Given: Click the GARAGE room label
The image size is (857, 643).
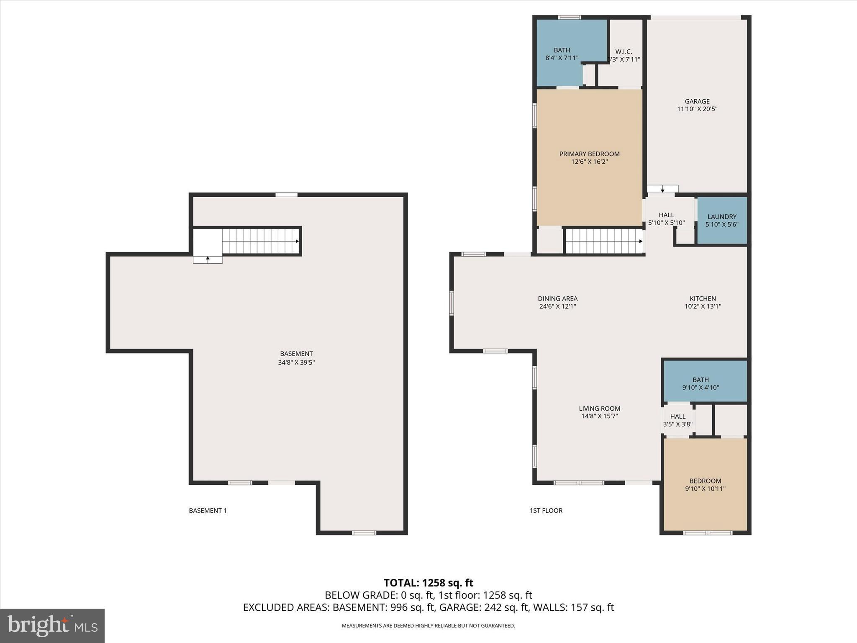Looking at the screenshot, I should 697,101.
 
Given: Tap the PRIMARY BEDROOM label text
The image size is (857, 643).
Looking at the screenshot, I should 589,154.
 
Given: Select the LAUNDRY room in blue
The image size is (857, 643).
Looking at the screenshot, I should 722,221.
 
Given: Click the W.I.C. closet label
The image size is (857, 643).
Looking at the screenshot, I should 624,52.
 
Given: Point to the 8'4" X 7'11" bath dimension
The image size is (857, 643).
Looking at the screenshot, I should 562,58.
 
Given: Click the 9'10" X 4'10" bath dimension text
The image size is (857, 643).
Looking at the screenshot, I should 700,388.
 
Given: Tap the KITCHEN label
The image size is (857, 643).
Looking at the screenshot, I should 703,298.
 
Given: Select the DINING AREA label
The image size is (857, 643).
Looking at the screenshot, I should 557,298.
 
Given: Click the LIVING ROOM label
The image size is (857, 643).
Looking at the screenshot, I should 599,409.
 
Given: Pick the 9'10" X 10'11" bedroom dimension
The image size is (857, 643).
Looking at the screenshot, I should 705,489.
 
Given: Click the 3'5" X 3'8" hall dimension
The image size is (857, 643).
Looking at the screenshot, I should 677,424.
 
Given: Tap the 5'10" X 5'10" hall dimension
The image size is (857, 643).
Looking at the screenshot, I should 666,223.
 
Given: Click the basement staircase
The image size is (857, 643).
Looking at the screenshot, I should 259,241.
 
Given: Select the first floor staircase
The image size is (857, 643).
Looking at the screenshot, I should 603,241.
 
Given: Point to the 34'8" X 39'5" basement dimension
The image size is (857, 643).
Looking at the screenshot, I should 296,363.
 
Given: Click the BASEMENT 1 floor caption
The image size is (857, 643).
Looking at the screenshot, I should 208,510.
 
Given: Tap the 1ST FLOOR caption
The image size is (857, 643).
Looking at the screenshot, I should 546,510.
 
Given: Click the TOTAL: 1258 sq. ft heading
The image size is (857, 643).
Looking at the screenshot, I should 428,583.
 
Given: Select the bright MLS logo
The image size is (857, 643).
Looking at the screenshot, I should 52,625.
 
